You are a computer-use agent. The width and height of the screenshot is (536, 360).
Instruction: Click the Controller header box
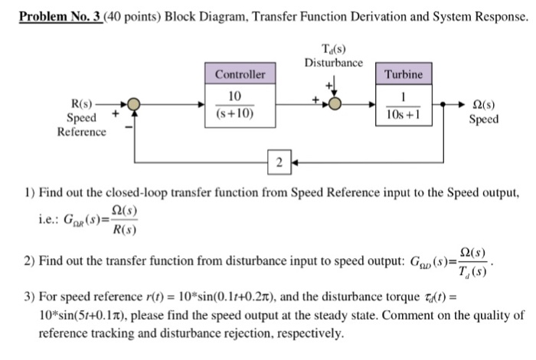click(240, 74)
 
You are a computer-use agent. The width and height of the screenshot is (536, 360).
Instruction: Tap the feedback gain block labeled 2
click(280, 162)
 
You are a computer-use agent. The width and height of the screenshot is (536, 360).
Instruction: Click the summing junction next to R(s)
click(133, 104)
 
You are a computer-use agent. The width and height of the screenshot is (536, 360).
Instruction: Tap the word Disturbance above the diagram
click(333, 62)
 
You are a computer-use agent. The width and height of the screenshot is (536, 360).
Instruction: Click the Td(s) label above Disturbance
click(333, 50)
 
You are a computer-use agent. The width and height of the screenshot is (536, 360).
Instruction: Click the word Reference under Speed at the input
click(81, 132)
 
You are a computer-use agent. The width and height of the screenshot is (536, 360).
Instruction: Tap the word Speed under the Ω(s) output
click(484, 119)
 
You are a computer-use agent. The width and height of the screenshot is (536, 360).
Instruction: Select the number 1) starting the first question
click(28, 191)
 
